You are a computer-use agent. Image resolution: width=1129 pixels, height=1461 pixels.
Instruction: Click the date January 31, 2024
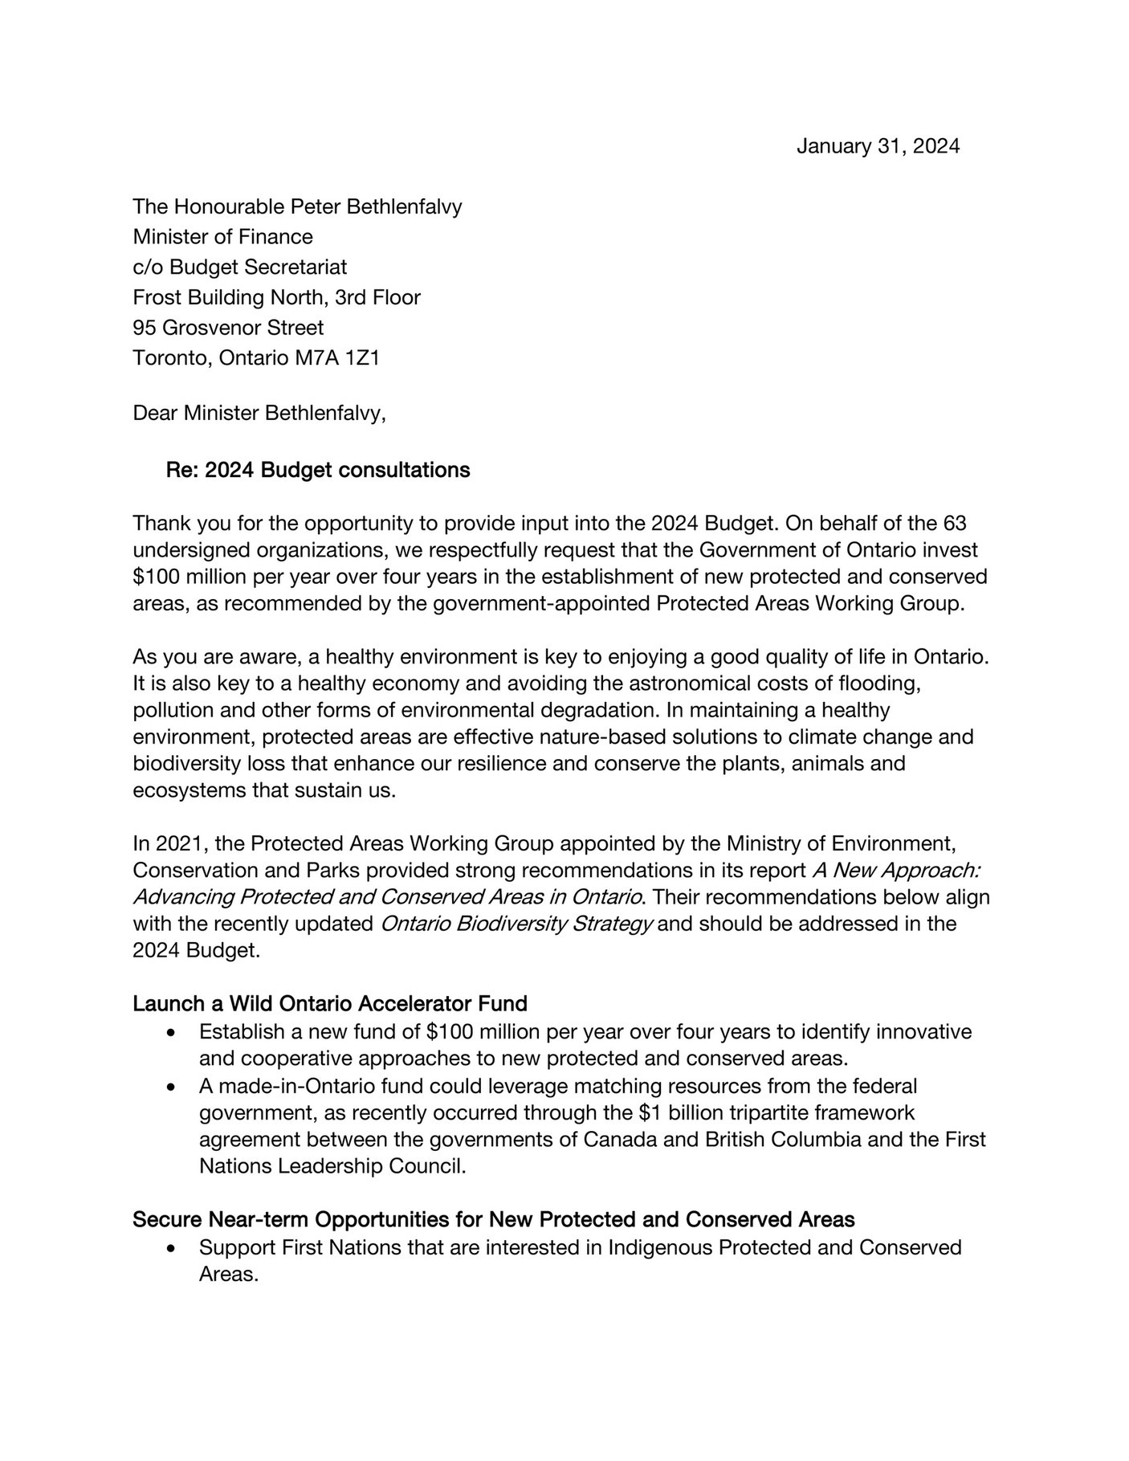(877, 146)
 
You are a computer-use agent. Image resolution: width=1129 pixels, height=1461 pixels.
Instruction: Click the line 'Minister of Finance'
(222, 237)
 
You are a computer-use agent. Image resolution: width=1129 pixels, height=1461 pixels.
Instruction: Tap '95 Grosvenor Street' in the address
(228, 328)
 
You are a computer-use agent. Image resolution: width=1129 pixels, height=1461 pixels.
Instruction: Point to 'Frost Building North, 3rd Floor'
(276, 297)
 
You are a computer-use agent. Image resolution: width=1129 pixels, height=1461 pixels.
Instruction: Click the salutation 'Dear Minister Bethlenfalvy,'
(259, 413)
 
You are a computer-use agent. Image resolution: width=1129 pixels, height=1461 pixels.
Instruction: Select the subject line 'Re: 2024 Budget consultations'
(318, 470)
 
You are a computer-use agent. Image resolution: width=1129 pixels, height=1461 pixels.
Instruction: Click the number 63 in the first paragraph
(952, 524)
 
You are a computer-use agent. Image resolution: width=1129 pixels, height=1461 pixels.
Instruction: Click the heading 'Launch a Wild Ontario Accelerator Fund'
(329, 1004)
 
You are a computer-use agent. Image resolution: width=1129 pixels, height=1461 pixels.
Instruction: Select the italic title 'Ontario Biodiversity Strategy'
(516, 924)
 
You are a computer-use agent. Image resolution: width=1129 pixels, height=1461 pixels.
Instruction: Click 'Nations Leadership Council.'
(332, 1166)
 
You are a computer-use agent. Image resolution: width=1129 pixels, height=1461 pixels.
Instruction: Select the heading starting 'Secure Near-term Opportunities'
(493, 1220)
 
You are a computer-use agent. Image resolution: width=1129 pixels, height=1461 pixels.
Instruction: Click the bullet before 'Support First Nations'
(170, 1249)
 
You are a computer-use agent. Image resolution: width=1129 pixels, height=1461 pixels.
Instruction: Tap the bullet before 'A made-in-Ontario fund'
(170, 1088)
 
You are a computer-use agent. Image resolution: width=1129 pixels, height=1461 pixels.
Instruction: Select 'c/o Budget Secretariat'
(239, 267)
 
